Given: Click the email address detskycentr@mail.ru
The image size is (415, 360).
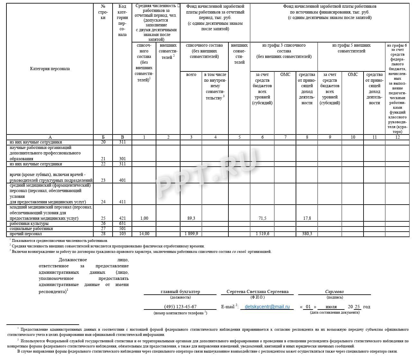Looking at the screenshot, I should click(267, 307).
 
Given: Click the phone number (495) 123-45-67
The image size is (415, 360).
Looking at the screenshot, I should click(180, 307).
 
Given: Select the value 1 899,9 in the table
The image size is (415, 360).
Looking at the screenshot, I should click(191, 234).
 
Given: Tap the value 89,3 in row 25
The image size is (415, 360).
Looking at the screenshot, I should click(191, 218).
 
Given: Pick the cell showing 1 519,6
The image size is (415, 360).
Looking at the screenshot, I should click(263, 234).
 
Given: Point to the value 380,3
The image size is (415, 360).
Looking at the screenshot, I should click(307, 234).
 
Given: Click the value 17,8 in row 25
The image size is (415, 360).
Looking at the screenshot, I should click(307, 218).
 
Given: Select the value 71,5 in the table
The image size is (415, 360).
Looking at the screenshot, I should click(263, 218).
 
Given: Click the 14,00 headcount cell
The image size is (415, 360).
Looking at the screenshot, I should click(144, 234).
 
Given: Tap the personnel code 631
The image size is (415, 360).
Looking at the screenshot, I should click(122, 223).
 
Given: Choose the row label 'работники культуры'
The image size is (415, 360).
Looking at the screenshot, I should click(29, 224).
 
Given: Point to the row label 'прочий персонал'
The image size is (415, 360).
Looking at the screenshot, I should click(26, 234).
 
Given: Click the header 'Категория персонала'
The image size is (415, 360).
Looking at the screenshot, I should click(50, 69).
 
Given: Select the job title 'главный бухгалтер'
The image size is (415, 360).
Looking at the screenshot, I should click(180, 291).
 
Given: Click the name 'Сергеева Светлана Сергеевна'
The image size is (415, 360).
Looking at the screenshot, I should click(257, 291).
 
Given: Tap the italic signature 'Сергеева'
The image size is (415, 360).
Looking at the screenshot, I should click(334, 291).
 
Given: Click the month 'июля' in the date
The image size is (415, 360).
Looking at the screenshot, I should click(331, 307).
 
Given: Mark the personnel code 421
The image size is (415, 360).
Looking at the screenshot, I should click(122, 218).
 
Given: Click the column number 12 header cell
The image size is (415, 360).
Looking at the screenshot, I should click(397, 137).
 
